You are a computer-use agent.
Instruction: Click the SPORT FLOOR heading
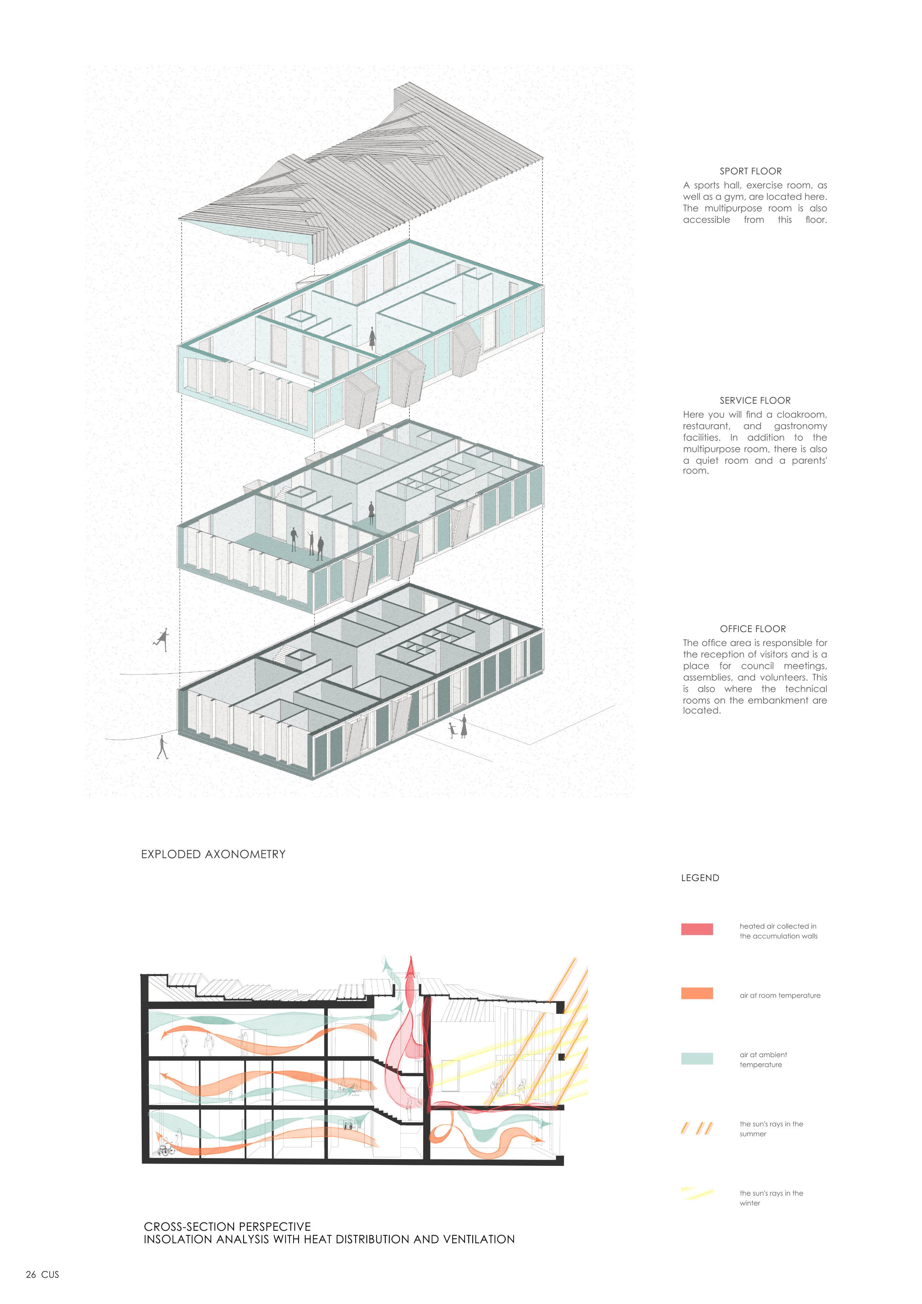750,171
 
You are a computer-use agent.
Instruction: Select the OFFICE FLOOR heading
753,629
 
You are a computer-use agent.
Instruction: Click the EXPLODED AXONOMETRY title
213,854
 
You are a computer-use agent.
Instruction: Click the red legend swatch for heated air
696,929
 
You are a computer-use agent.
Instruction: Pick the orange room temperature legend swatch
696,993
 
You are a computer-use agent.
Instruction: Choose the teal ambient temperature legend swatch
696,1058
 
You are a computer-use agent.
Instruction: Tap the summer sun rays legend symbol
696,1128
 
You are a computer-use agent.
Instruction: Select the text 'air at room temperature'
780,995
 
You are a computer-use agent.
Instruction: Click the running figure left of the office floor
162,640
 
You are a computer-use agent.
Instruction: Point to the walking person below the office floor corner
162,748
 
